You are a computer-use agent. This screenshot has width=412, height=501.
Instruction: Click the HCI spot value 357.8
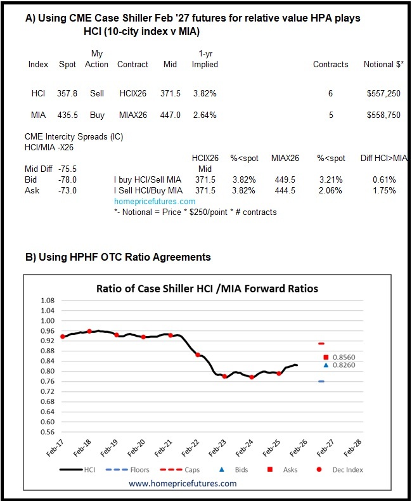pyautogui.click(x=67, y=93)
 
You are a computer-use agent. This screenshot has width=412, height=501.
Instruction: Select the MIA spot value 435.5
pyautogui.click(x=67, y=115)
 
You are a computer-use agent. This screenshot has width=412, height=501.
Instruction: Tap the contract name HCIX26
pyautogui.click(x=132, y=93)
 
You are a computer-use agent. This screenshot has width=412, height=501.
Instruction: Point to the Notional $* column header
pyautogui.click(x=382, y=65)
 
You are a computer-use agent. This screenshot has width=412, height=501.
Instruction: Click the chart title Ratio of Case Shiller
pyautogui.click(x=207, y=289)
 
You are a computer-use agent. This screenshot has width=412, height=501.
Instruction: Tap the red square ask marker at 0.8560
pyautogui.click(x=326, y=358)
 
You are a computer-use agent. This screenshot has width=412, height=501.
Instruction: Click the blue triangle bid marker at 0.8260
pyautogui.click(x=326, y=365)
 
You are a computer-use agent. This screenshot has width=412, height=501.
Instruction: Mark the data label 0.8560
pyautogui.click(x=345, y=358)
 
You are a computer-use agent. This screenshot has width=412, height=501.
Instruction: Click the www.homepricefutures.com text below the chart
pyautogui.click(x=183, y=483)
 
